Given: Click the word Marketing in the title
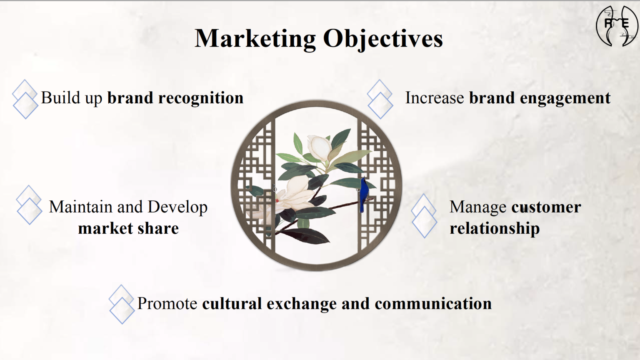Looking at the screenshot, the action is pyautogui.click(x=255, y=39).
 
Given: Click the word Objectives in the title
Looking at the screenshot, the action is pyautogui.click(x=383, y=39).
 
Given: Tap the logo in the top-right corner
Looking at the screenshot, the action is pyautogui.click(x=617, y=26).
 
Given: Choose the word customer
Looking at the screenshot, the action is pyautogui.click(x=546, y=207).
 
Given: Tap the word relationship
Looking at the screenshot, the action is pyautogui.click(x=495, y=229).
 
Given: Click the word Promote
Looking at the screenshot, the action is pyautogui.click(x=167, y=303).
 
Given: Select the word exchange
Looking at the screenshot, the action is pyautogui.click(x=301, y=304).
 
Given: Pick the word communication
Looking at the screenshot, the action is pyautogui.click(x=433, y=303).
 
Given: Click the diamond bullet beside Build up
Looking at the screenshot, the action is pyautogui.click(x=25, y=99).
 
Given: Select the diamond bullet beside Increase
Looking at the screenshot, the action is pyautogui.click(x=380, y=99).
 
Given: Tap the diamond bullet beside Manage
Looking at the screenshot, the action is pyautogui.click(x=424, y=216).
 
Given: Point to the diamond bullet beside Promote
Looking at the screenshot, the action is pyautogui.click(x=122, y=304).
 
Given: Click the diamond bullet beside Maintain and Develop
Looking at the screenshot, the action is pyautogui.click(x=29, y=205).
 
